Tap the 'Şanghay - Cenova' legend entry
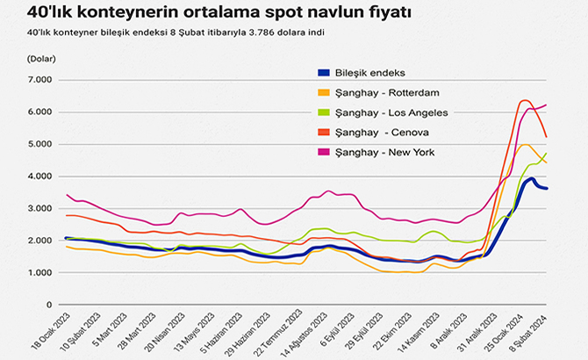pos(379,133)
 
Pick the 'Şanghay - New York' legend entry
pos(384,153)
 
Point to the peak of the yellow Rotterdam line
pos(525,145)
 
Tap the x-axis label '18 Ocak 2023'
pos(50,332)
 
